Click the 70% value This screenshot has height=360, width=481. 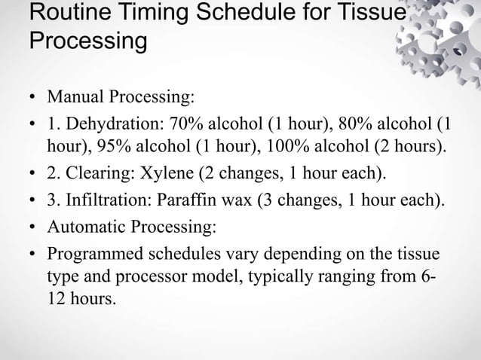coord(196,124)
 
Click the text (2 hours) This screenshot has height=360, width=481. coord(414,145)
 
